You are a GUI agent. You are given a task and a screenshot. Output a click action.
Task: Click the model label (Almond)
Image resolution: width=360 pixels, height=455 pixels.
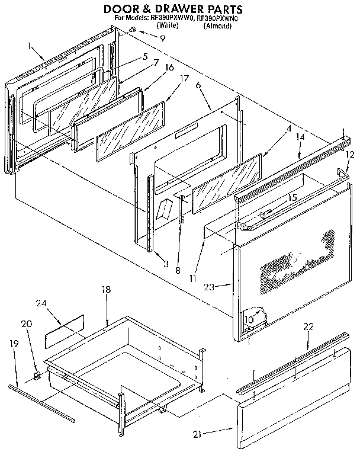[x=214, y=27]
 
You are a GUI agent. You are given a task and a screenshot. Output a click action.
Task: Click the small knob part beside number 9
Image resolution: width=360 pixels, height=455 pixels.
[x=133, y=30]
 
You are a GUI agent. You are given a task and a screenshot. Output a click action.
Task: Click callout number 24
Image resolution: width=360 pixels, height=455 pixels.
[x=41, y=303]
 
